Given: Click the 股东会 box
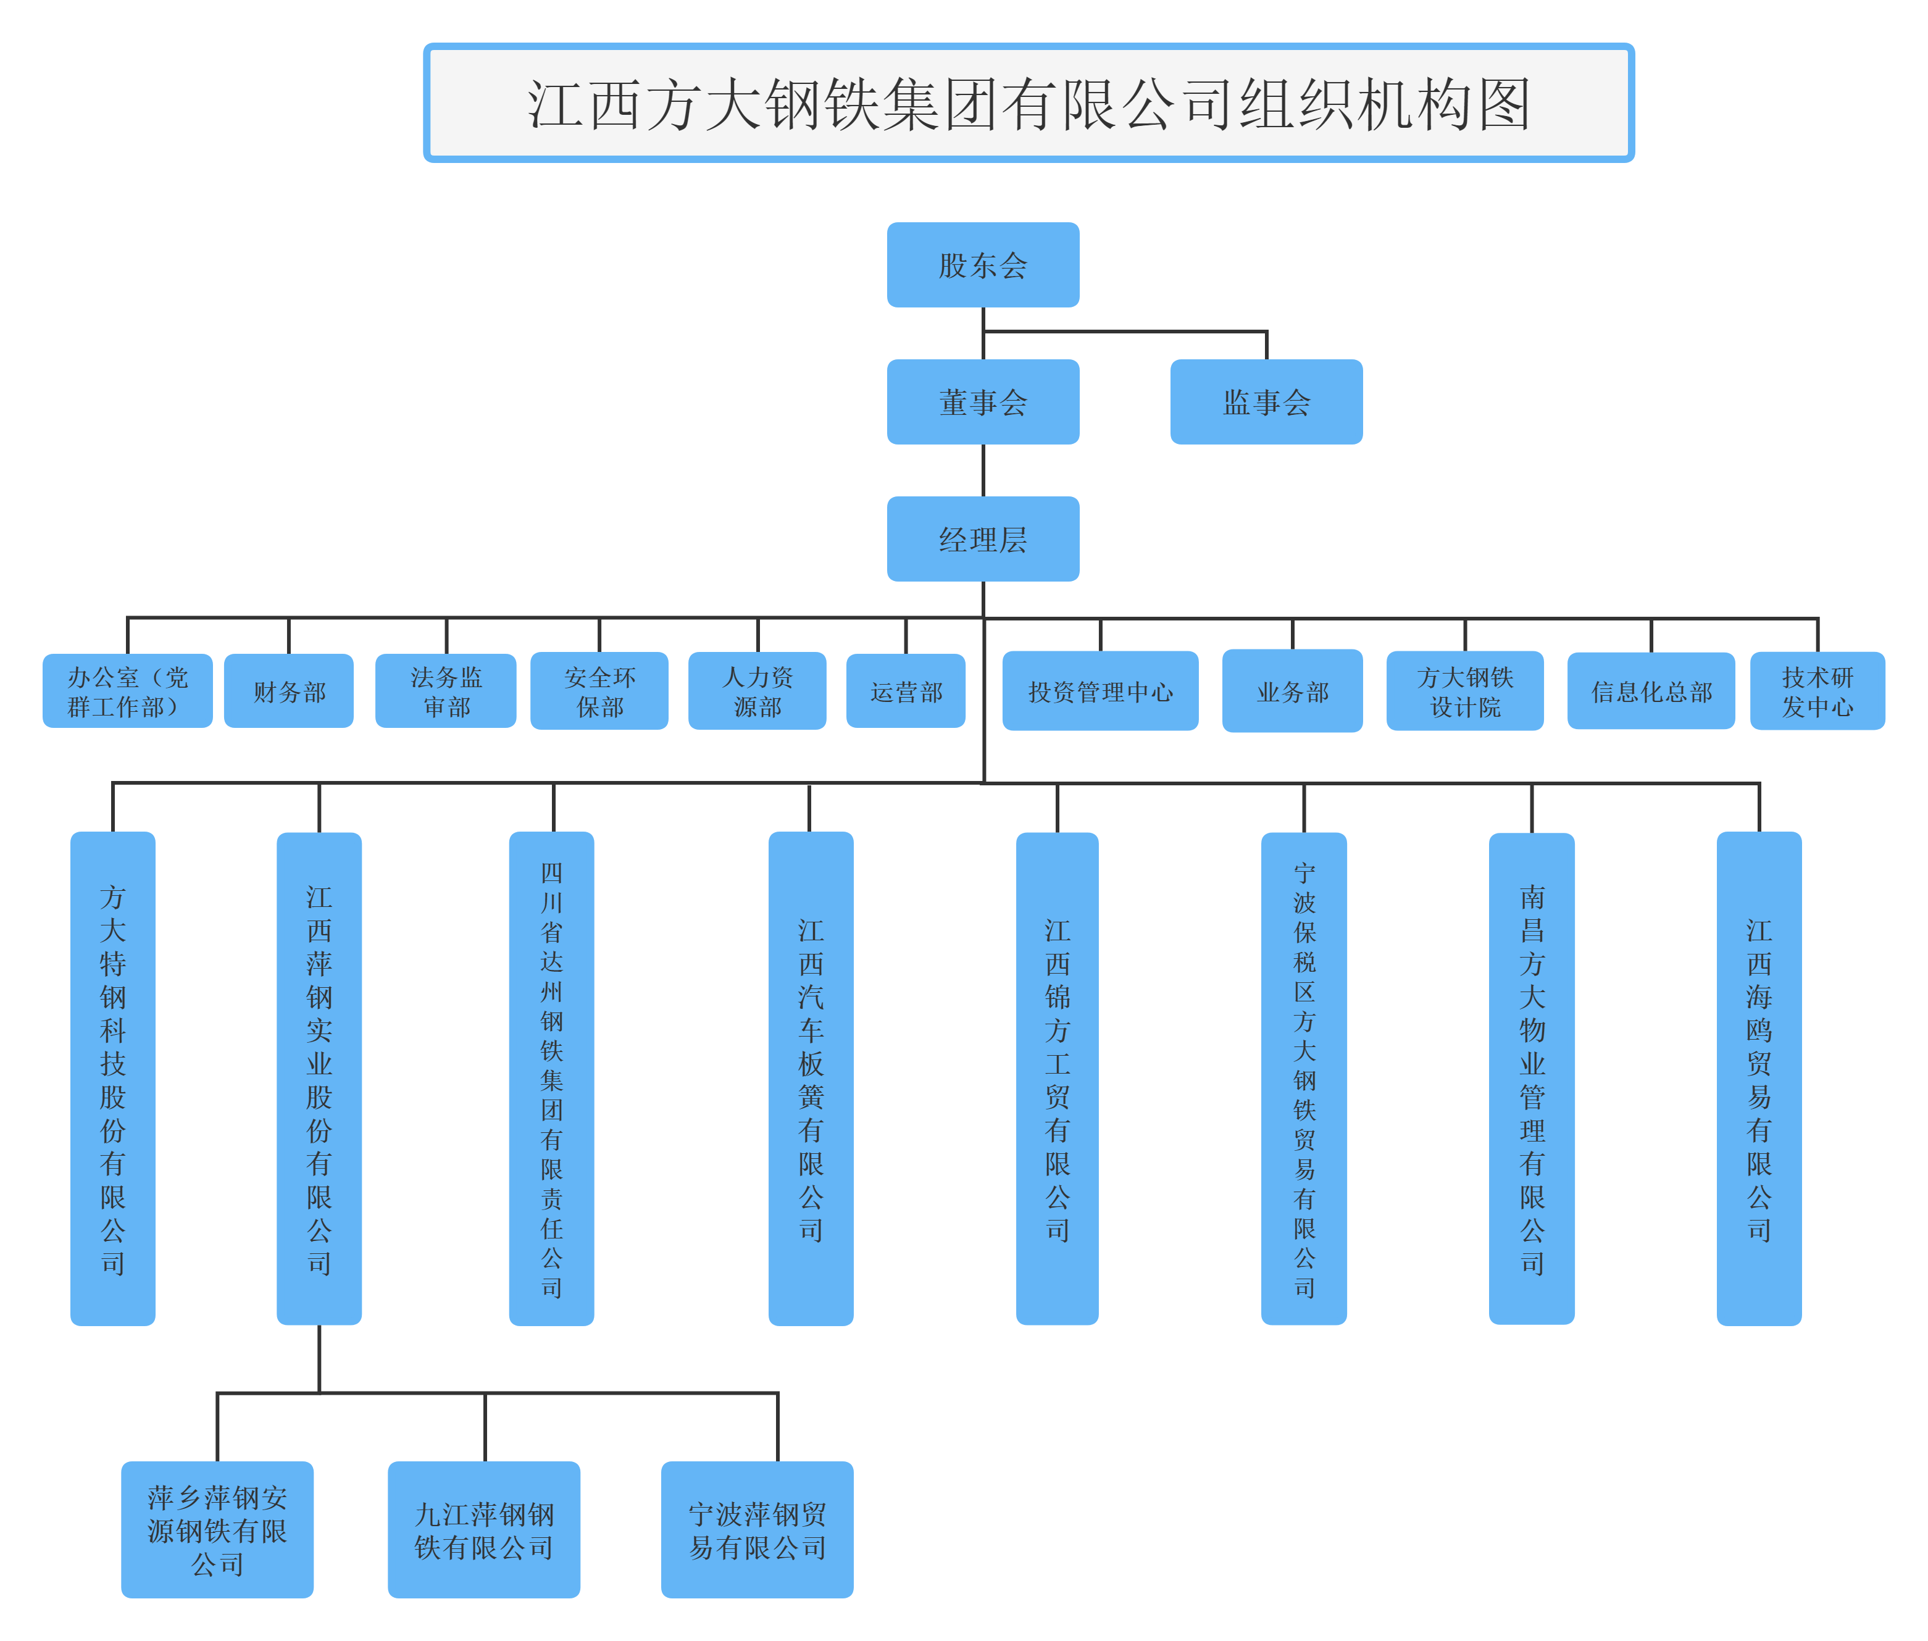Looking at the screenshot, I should tap(982, 265).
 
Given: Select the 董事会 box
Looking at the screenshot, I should tap(982, 402).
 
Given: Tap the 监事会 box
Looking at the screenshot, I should tap(1266, 402).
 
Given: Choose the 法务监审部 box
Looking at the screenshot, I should tap(446, 691).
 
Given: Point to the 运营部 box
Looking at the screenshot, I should tap(905, 691).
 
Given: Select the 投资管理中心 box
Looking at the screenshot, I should tap(1100, 691).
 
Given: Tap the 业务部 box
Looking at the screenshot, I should tap(1292, 691).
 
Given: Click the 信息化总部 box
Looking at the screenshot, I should tap(1651, 691).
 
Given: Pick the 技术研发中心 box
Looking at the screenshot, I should tap(1817, 691).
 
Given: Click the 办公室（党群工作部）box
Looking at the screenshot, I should tap(127, 691).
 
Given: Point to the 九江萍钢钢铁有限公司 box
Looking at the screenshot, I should tap(483, 1530).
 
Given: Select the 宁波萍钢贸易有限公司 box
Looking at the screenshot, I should tap(757, 1530).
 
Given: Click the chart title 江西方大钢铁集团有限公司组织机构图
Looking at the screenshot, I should tap(1028, 102).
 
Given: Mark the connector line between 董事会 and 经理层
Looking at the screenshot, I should tap(983, 470).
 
